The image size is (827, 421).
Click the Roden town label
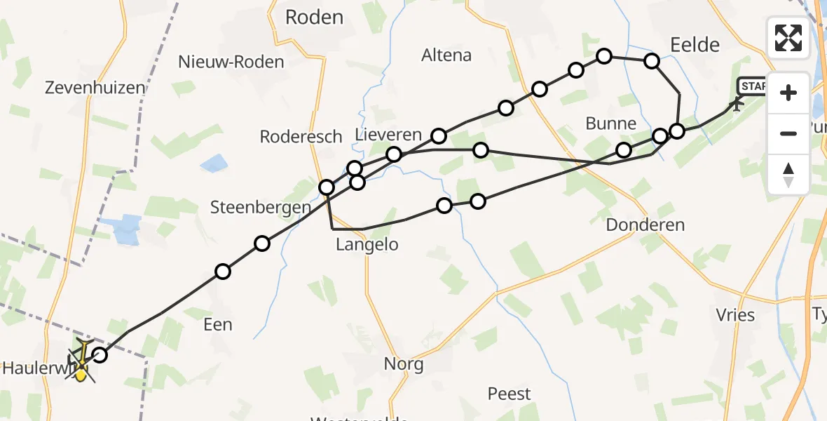(314, 18)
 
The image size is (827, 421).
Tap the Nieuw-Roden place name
(231, 62)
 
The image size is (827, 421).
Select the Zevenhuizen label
(95, 88)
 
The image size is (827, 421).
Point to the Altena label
(446, 55)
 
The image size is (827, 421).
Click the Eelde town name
(695, 45)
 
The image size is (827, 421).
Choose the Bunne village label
(611, 123)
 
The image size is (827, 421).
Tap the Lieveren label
(388, 135)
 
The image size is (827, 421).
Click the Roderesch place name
(301, 136)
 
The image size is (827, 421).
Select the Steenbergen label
(261, 207)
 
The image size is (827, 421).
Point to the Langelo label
(367, 244)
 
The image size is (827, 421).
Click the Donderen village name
(645, 225)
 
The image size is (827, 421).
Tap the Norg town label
(404, 364)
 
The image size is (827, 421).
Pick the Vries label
(736, 314)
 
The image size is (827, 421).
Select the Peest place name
(510, 394)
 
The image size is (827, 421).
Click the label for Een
(217, 324)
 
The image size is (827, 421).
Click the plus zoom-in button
(788, 93)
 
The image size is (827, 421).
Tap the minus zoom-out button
(788, 133)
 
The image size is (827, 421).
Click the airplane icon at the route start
(736, 105)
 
